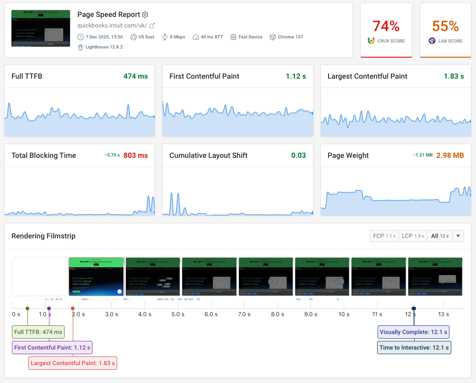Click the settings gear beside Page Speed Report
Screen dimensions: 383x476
[x=146, y=15]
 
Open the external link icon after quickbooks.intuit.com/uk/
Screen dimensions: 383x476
[x=152, y=26]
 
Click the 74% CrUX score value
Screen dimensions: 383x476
[x=386, y=26]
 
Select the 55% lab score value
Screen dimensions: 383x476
[x=445, y=26]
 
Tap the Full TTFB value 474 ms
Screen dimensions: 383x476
[x=136, y=76]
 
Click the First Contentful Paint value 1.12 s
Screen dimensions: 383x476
[x=296, y=76]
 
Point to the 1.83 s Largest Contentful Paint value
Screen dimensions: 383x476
[x=454, y=76]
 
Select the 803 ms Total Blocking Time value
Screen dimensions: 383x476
[x=136, y=156]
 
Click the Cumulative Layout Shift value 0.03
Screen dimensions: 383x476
[x=298, y=156]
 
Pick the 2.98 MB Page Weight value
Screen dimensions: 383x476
[x=450, y=156]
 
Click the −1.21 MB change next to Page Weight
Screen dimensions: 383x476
[x=422, y=155]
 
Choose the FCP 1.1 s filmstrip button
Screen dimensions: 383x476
[x=384, y=236]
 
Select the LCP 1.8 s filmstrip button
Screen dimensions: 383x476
[x=413, y=236]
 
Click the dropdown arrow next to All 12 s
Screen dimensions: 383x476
[x=459, y=236]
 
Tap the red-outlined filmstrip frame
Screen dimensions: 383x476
[x=97, y=276]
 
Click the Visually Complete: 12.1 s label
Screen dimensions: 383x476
[x=414, y=332]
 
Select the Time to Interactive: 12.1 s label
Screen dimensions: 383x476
[x=414, y=348]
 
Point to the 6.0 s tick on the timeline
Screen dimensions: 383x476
[x=211, y=314]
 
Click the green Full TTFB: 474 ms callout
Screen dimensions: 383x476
[x=38, y=332]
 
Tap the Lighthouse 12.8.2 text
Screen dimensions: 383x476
[x=104, y=47]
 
